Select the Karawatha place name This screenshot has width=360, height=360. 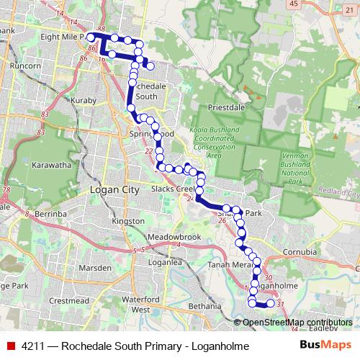click(51, 165)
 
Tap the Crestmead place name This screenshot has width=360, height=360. click(70, 300)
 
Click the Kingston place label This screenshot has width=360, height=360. click(128, 221)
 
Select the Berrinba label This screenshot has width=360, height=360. click(49, 214)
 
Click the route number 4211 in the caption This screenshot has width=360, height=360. click(33, 346)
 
